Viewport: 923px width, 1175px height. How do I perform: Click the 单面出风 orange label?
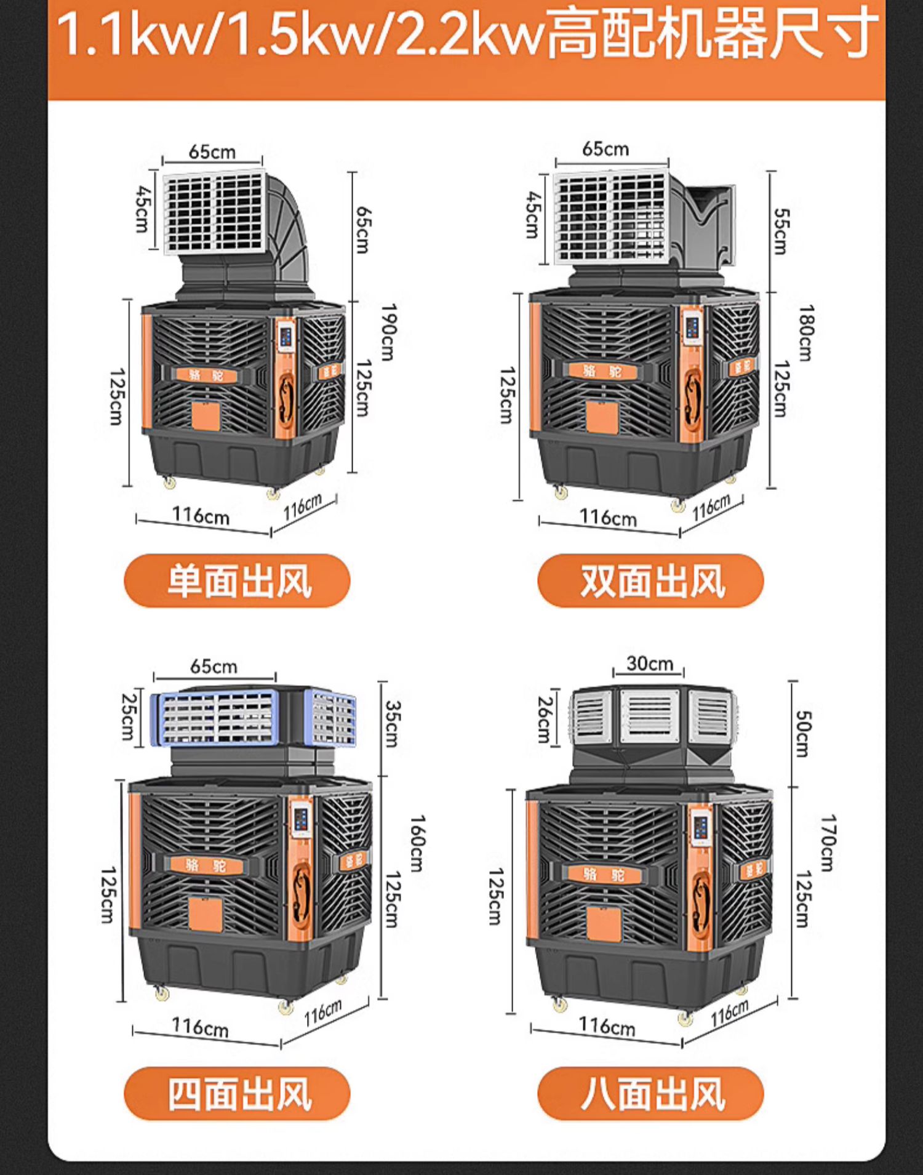tap(238, 580)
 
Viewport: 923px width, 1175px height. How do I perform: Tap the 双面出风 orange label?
tap(651, 580)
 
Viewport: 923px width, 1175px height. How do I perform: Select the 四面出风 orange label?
tap(238, 1094)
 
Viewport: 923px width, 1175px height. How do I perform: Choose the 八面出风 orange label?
tap(651, 1094)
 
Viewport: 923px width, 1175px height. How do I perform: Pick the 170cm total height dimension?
tap(828, 843)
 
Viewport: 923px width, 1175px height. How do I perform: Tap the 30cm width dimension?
tap(650, 664)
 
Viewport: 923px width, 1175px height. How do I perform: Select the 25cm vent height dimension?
tap(127, 716)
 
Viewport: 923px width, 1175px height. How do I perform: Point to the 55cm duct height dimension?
tap(780, 231)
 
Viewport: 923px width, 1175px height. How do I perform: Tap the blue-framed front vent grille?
tap(215, 717)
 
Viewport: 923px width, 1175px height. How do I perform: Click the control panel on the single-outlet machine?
tap(286, 336)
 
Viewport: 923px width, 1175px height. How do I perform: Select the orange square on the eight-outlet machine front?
tap(604, 923)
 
